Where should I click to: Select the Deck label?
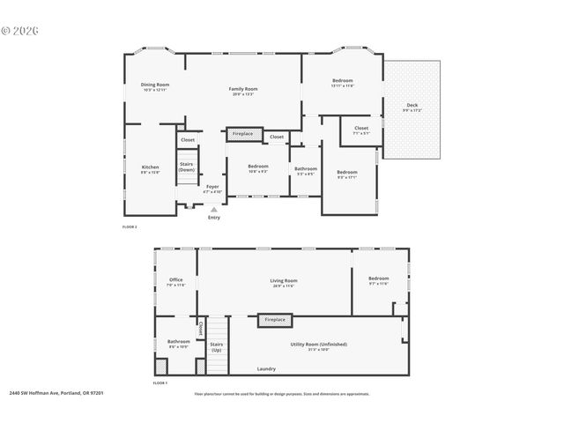coord(412,107)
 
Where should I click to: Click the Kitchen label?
coord(151,169)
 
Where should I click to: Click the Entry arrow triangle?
coord(213,209)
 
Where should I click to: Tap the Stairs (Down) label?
coord(186,166)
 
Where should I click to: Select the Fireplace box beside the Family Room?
coord(242,134)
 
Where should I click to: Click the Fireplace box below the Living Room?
coord(274,320)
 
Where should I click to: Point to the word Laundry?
coord(266,368)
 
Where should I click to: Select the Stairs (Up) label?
coord(216,346)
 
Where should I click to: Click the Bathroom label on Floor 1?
coord(179,344)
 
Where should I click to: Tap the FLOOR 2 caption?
coord(130,226)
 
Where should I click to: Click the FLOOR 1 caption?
coord(160,383)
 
